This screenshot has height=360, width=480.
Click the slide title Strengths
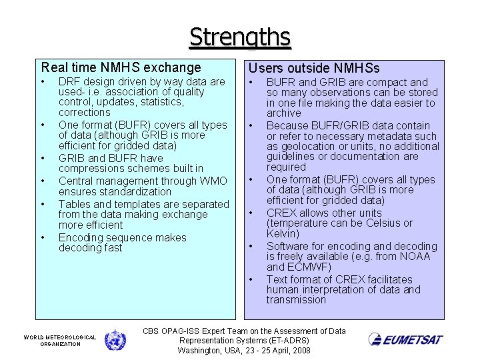240,37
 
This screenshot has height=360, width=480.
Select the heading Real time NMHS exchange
121,67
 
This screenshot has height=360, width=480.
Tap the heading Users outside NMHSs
314,68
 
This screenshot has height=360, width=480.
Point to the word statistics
159,102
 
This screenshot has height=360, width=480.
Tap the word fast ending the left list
111,248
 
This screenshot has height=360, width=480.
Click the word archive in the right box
283,113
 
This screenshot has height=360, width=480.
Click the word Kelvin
283,234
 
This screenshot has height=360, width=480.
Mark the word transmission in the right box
296,300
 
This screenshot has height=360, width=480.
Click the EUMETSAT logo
405,339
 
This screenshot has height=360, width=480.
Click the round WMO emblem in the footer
115,340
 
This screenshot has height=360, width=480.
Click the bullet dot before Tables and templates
42,204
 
